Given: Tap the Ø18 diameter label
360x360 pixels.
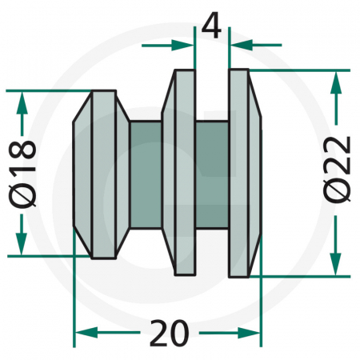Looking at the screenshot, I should (x=24, y=172).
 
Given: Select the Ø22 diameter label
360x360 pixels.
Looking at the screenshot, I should (x=339, y=172).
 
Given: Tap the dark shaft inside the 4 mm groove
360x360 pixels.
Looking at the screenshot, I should (x=212, y=172).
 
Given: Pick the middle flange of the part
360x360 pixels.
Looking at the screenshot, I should (x=182, y=172).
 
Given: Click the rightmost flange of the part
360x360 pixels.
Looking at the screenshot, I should (x=244, y=172).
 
